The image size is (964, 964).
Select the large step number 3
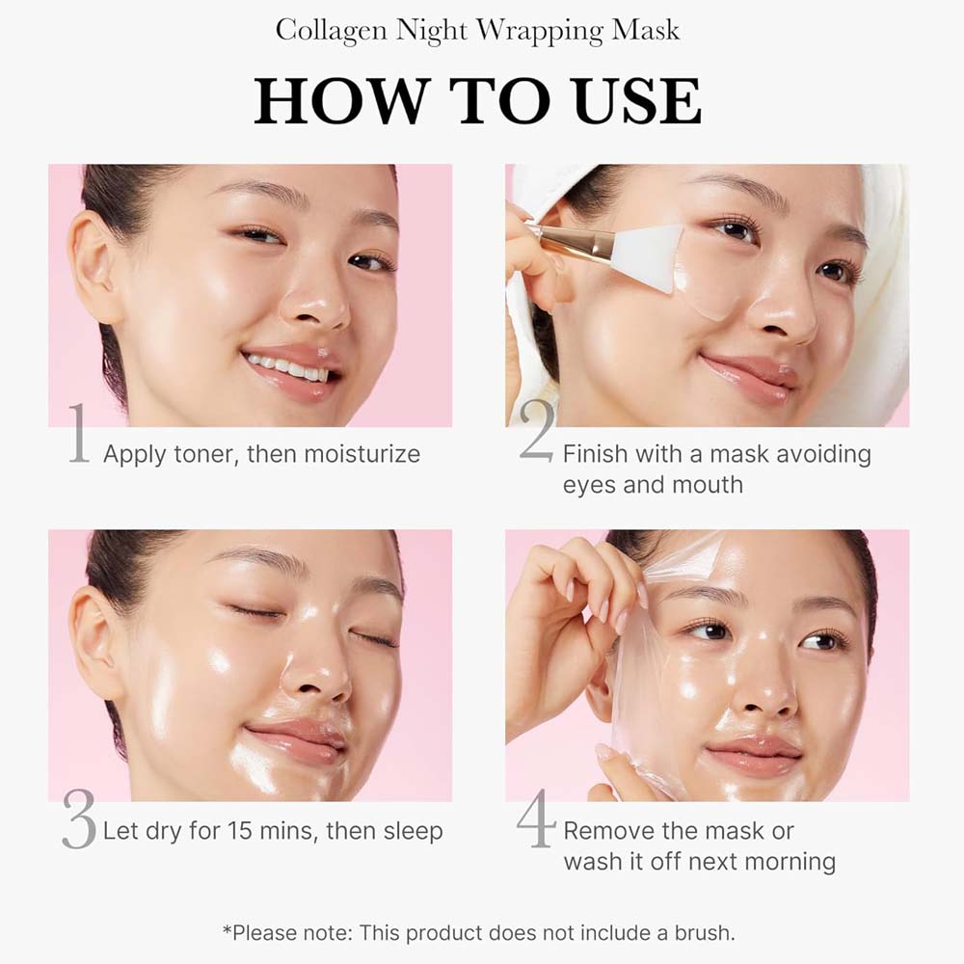pyautogui.click(x=79, y=819)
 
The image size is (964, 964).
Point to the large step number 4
pyautogui.click(x=536, y=819)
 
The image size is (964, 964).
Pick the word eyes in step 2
pyautogui.click(x=590, y=484)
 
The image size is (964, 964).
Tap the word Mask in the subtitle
pyautogui.click(x=646, y=30)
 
